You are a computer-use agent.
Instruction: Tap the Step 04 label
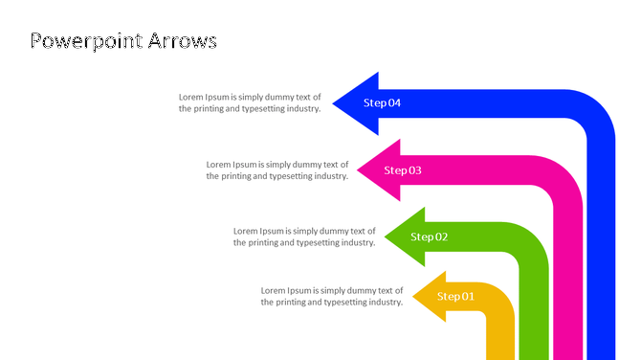pyautogui.click(x=382, y=103)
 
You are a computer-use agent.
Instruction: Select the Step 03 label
pyautogui.click(x=403, y=170)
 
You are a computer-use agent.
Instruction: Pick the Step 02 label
pyautogui.click(x=430, y=236)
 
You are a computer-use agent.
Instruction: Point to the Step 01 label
pyautogui.click(x=456, y=297)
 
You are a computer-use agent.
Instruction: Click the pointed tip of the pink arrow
pyautogui.click(x=359, y=170)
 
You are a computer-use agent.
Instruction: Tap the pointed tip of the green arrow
pyautogui.click(x=386, y=236)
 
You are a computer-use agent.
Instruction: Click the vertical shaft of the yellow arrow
pyautogui.click(x=500, y=335)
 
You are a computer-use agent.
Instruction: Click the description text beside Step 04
pyautogui.click(x=250, y=103)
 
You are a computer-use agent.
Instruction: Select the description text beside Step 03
pyautogui.click(x=277, y=170)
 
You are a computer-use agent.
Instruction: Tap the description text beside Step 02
pyautogui.click(x=304, y=236)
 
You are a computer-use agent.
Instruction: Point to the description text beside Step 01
pyautogui.click(x=332, y=297)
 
